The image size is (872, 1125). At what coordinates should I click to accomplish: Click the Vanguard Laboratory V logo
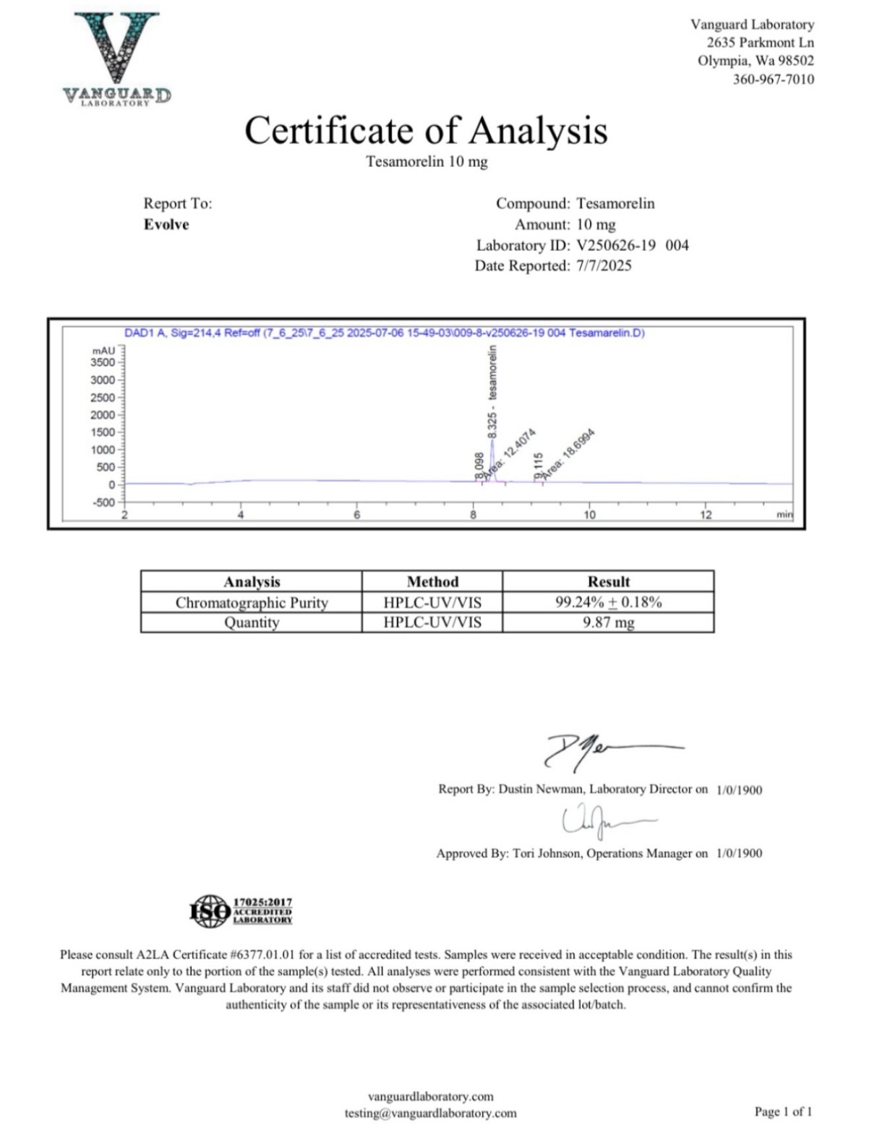click(117, 56)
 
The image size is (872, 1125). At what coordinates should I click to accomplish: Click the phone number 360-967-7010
click(773, 80)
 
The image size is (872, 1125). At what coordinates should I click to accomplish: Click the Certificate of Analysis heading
click(426, 131)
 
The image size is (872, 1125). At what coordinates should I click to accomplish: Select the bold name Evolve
click(166, 225)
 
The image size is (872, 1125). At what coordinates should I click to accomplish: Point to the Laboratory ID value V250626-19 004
click(633, 245)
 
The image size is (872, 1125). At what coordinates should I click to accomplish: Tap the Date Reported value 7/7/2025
click(604, 266)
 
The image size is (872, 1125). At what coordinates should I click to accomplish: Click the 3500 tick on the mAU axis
click(102, 363)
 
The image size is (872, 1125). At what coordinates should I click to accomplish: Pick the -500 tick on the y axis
click(103, 502)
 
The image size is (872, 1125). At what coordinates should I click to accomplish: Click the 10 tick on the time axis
click(589, 515)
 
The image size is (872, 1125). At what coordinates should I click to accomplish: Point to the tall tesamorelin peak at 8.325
click(492, 455)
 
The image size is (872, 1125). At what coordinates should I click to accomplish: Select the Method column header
click(432, 581)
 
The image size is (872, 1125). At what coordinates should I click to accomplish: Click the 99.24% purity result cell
click(608, 602)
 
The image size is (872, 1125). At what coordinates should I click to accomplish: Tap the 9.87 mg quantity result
click(608, 623)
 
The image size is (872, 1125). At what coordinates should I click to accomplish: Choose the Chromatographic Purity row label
click(252, 602)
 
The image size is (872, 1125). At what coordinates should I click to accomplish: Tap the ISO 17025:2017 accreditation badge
click(241, 911)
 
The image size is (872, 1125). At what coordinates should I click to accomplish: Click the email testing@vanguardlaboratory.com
click(431, 1113)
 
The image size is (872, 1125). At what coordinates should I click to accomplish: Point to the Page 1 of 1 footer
click(783, 1111)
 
